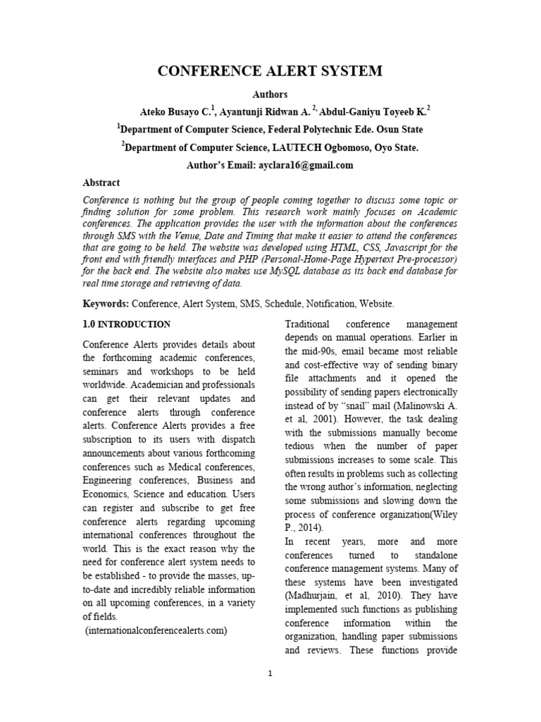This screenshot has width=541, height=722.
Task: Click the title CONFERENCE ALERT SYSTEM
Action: click(x=270, y=71)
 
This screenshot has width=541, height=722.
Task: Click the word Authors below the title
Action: click(x=270, y=94)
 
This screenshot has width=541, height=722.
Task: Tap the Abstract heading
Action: click(x=101, y=183)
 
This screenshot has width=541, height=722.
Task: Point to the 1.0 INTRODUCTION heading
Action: click(x=127, y=324)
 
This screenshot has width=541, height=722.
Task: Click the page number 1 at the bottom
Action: click(x=270, y=673)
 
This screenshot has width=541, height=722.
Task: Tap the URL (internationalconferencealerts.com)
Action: click(x=156, y=631)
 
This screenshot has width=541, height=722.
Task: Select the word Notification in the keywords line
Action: click(x=326, y=303)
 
